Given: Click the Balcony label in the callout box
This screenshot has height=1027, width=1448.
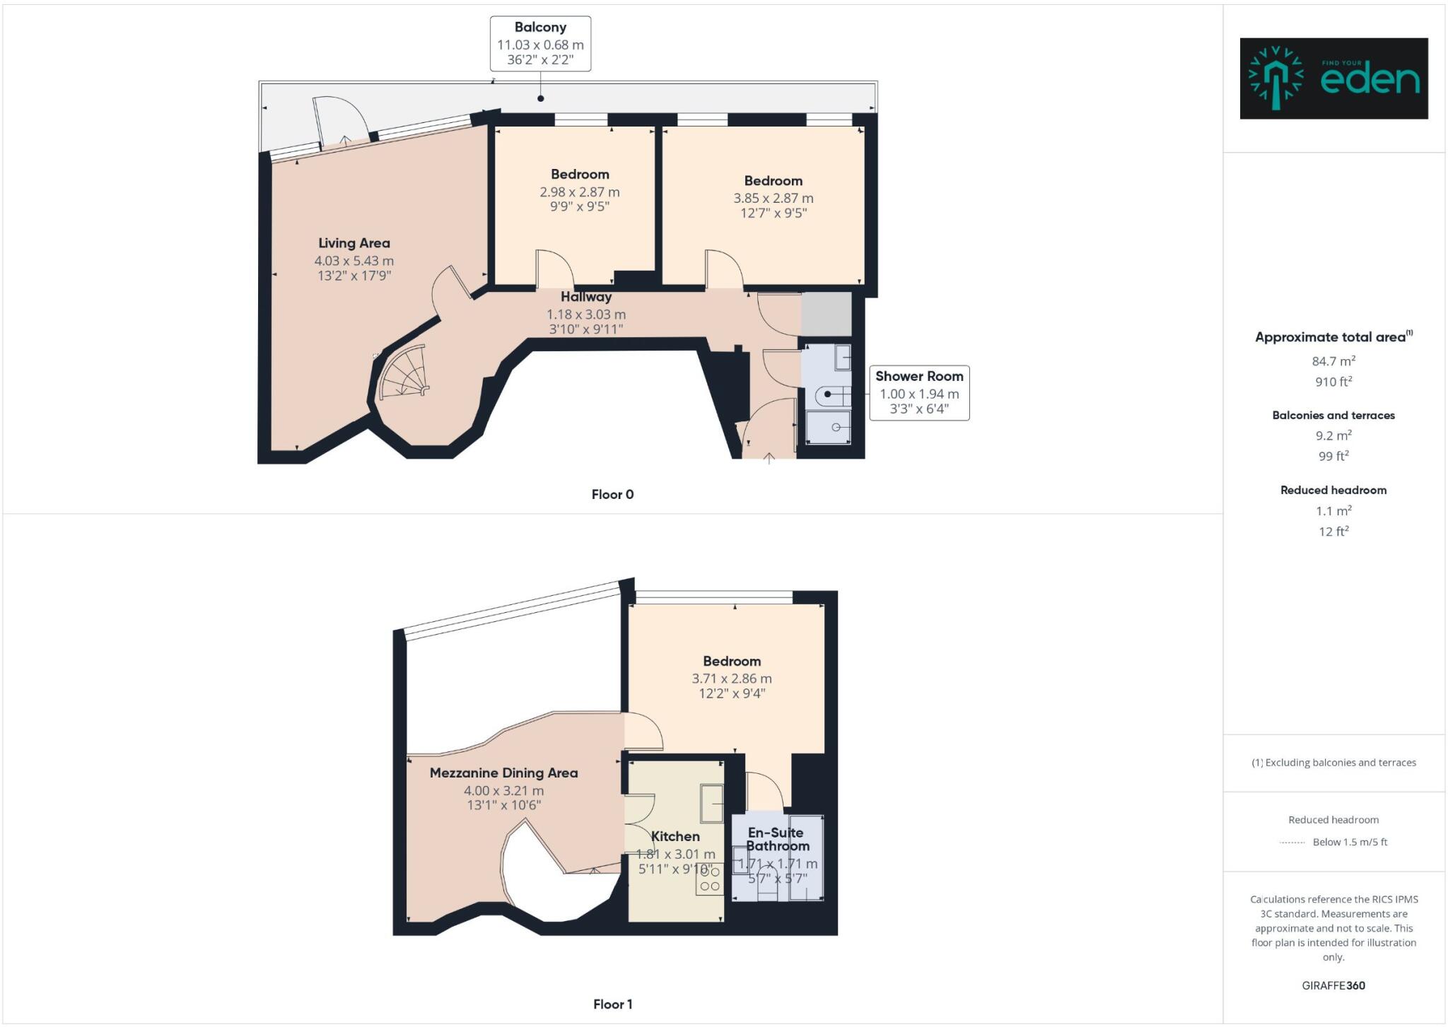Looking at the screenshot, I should pos(540,28).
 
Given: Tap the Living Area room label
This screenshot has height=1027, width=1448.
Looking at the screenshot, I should pos(354,243).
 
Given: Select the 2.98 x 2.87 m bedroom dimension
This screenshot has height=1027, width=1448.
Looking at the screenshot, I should pos(579,192).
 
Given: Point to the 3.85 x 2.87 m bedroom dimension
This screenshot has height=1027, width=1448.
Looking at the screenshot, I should pos(773,198).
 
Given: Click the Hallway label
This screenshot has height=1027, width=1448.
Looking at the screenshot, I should pos(585,297).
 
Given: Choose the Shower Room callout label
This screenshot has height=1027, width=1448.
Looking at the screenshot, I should pos(918,376).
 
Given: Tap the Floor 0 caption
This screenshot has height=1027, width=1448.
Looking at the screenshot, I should pos(612,494).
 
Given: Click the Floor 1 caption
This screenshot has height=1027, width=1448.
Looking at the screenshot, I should pos(612,1004).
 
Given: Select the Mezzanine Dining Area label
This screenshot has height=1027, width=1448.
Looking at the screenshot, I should pos(503,773).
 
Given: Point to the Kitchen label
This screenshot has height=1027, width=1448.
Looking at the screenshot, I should pos(675,836).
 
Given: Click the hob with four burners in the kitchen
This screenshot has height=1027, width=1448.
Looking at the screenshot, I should pos(709,879).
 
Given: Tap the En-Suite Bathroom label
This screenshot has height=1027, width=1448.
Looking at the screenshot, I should pos(776,839).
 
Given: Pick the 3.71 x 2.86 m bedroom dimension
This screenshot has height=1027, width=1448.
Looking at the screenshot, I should pos(731,679).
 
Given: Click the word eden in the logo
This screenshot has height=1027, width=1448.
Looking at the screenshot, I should pos(1370,80).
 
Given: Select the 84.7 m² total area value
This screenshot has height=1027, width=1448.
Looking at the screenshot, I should pos(1333,361).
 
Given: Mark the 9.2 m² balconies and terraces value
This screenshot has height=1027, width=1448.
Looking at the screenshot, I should pos(1333,435).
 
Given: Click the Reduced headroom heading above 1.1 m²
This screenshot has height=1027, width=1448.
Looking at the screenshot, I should pos(1333,490).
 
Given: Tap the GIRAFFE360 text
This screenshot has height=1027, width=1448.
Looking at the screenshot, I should pos(1333,985).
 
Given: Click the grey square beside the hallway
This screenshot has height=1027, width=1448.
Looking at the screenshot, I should pos(826,314).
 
